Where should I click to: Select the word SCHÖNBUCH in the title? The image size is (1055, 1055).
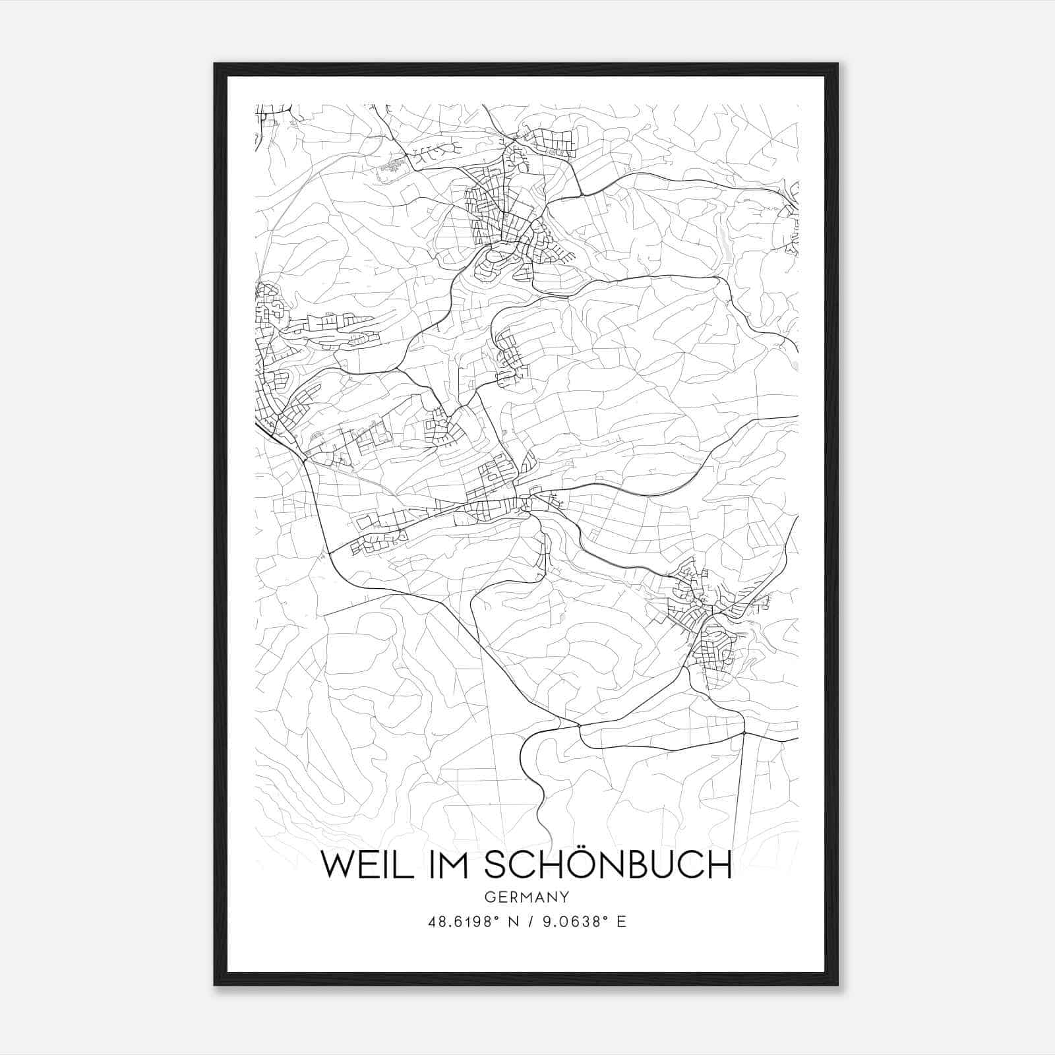(608, 864)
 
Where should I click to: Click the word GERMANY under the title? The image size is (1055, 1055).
(526, 897)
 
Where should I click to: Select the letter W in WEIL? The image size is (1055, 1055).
(338, 864)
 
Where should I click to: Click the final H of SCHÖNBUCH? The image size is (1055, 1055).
(720, 864)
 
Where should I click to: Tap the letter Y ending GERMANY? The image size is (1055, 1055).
(564, 897)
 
